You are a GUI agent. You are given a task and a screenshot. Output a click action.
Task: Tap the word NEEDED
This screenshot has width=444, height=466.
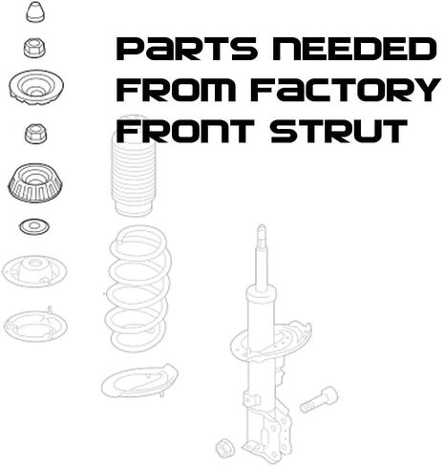pyautogui.click(x=354, y=49)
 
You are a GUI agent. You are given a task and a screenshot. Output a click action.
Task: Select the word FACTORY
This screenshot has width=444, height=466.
pyautogui.click(x=346, y=90)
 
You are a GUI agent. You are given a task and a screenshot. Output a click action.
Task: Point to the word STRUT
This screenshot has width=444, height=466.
pyautogui.click(x=339, y=131)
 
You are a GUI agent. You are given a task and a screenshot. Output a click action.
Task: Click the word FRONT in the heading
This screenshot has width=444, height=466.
pyautogui.click(x=185, y=131)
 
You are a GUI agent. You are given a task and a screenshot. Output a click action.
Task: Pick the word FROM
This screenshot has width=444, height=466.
pyautogui.click(x=176, y=90)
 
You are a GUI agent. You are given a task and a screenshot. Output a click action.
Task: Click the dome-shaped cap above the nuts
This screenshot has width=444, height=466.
pyautogui.click(x=35, y=12)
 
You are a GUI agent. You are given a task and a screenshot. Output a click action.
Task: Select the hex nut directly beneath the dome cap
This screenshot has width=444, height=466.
pyautogui.click(x=34, y=49)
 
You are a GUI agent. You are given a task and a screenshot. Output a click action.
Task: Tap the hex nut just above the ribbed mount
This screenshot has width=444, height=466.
pyautogui.click(x=36, y=134)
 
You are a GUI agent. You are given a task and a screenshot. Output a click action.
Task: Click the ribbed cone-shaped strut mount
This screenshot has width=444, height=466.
pyautogui.click(x=34, y=182)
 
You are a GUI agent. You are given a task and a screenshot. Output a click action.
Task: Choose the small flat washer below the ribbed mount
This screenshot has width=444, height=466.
pyautogui.click(x=34, y=226)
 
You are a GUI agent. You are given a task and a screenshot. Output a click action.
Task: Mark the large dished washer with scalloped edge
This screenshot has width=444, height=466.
pyautogui.click(x=36, y=87)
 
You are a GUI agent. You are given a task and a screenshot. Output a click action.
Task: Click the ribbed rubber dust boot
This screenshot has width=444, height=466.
pyautogui.click(x=133, y=165)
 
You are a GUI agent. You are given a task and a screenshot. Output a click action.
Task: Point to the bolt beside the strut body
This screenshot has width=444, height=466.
pyautogui.click(x=319, y=400)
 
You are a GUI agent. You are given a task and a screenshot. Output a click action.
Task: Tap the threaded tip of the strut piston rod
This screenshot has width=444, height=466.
pyautogui.click(x=262, y=231)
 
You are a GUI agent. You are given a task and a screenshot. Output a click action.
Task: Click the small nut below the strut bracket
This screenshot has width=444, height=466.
pyautogui.click(x=225, y=448)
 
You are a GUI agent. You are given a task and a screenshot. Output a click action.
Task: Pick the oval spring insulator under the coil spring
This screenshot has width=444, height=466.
pyautogui.click(x=139, y=380)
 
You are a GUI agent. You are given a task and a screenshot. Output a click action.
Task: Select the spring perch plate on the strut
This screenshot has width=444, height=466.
pyautogui.click(x=270, y=342)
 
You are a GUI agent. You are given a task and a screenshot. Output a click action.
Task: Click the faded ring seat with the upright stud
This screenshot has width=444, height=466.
pyautogui.click(x=35, y=325)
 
